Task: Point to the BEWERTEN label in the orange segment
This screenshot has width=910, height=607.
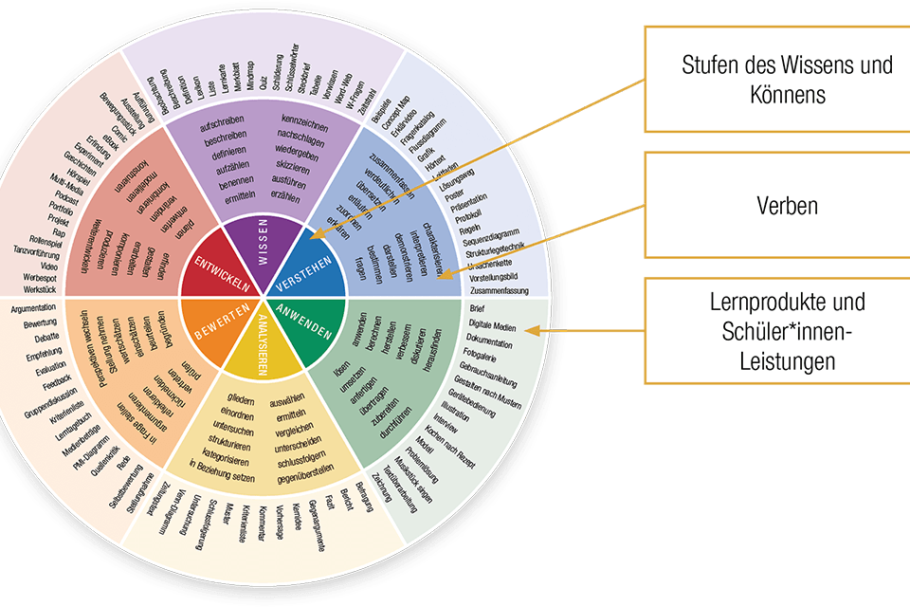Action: (209, 323)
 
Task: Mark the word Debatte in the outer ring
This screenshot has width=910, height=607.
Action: (33, 339)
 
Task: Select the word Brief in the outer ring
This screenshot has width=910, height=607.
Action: (478, 309)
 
